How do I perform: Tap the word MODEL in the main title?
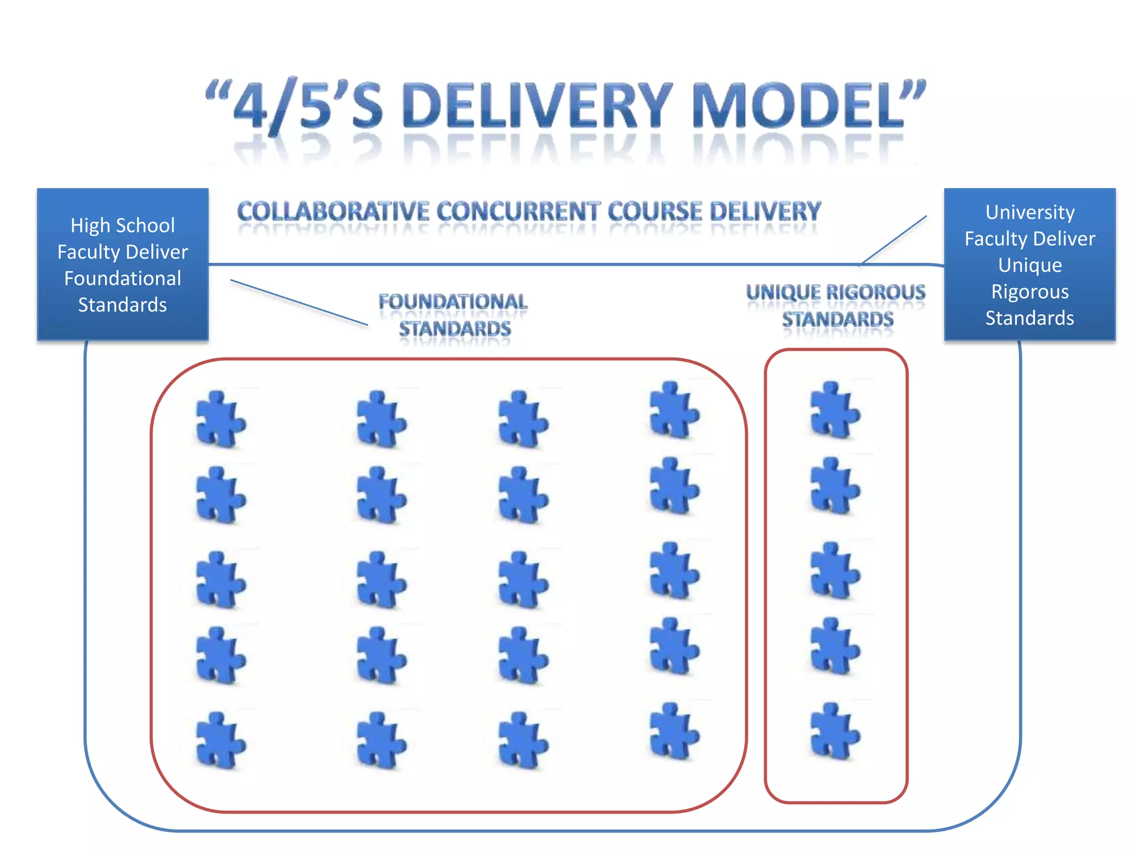tap(797, 105)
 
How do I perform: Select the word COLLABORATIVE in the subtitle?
tap(333, 212)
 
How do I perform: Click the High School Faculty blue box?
tap(122, 265)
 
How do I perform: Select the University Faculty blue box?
tap(1029, 265)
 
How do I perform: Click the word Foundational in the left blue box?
tap(122, 278)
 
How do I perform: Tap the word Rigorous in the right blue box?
tap(1029, 292)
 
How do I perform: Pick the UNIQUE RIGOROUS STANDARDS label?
tap(836, 306)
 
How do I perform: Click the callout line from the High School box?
tap(299, 302)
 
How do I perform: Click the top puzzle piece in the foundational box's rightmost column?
tap(673, 411)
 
